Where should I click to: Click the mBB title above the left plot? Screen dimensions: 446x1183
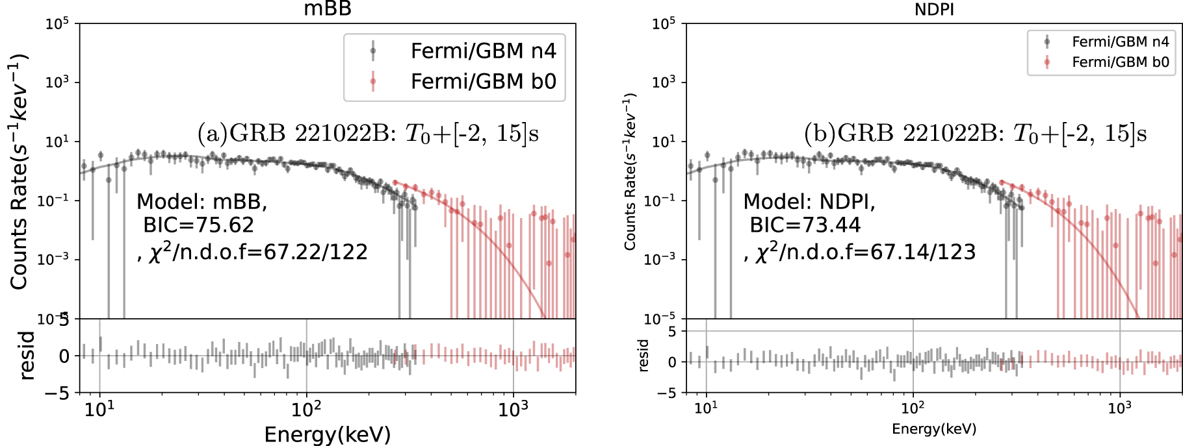328,8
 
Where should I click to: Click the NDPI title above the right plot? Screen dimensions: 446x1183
934,9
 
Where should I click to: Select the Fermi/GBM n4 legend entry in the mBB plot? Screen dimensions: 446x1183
483,51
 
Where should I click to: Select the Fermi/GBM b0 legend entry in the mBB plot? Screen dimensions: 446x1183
483,82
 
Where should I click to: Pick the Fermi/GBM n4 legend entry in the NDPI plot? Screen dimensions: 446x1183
1120,42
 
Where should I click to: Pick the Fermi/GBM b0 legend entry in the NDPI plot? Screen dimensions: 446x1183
1120,62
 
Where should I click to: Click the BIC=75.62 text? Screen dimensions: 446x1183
199,225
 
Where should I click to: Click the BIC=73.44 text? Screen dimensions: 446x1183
805,225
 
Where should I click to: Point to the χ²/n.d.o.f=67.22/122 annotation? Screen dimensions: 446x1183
253,252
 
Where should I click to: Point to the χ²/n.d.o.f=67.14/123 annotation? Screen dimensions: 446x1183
861,252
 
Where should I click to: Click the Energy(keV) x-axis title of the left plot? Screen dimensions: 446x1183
328,434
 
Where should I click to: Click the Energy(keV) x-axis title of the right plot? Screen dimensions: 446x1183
934,429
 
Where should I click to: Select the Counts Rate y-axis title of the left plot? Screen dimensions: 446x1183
19,171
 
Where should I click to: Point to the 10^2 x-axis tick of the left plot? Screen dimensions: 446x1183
306,410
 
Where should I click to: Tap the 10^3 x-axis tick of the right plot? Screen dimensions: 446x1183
1119,408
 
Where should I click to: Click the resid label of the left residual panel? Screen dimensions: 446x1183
27,355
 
